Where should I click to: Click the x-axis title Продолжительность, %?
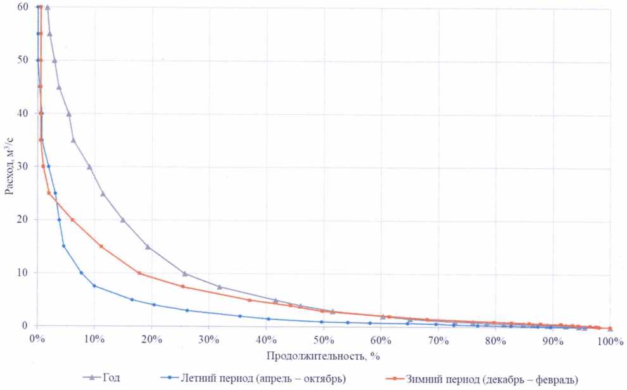[323, 356]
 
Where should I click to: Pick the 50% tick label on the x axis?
[323, 341]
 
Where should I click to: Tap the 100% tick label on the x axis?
[610, 341]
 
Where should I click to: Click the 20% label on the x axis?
[151, 341]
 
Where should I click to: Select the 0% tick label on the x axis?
[37, 341]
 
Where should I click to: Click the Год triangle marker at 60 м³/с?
[47, 7]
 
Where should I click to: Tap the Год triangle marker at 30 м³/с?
[89, 167]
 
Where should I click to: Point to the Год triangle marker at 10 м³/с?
[184, 273]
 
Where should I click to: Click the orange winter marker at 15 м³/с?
[101, 246]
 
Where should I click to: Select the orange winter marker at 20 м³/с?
[72, 219]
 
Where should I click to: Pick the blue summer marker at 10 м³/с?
[81, 273]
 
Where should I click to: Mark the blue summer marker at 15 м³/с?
[63, 246]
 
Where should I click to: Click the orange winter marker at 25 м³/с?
[49, 193]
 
